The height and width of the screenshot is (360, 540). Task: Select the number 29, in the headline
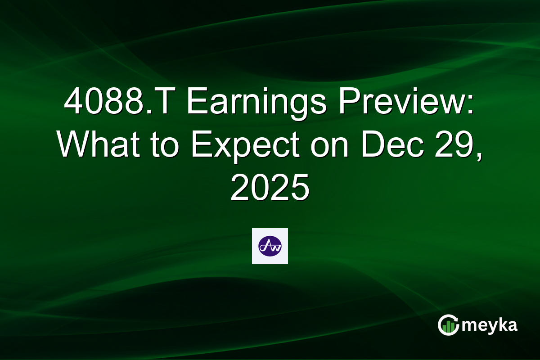pyautogui.click(x=460, y=145)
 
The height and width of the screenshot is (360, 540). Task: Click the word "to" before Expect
pyautogui.click(x=166, y=145)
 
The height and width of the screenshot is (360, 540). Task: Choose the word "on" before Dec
pyautogui.click(x=328, y=145)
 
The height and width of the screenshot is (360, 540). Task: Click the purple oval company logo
pyautogui.click(x=270, y=246)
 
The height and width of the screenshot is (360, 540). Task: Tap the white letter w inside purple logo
pyautogui.click(x=275, y=247)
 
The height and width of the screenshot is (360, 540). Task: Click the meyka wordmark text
pyautogui.click(x=490, y=325)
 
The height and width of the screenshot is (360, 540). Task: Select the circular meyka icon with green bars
pyautogui.click(x=448, y=325)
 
